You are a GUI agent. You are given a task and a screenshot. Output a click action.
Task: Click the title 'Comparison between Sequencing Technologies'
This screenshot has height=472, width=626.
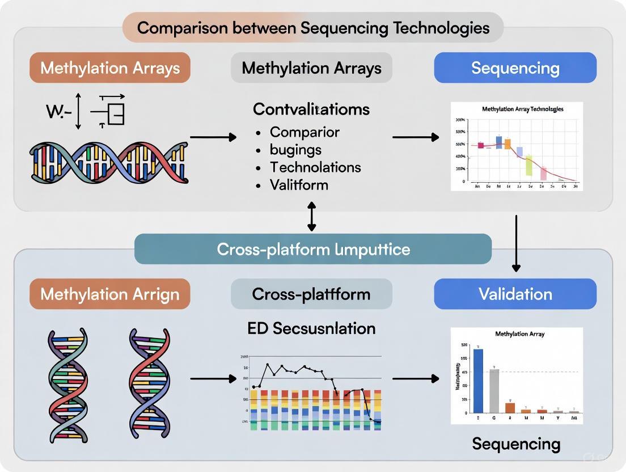[x=313, y=27]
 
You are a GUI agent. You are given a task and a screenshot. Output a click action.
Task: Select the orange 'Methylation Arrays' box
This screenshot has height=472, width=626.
[x=110, y=68]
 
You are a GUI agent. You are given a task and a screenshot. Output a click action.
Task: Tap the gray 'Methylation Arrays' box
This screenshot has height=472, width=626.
[x=311, y=68]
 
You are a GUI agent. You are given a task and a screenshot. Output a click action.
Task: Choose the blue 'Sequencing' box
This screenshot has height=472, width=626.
[x=515, y=68]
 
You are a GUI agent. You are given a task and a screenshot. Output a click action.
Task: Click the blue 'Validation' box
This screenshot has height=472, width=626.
[x=515, y=294]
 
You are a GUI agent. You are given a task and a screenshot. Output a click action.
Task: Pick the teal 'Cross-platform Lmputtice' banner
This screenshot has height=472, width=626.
[x=313, y=249]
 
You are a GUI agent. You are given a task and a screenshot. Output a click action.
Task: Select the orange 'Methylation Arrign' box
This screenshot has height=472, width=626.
[x=110, y=294]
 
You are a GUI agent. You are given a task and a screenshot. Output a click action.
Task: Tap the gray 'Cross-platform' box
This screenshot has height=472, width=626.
[x=311, y=294]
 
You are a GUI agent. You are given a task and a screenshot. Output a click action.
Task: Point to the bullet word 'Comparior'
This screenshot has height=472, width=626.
[x=304, y=132]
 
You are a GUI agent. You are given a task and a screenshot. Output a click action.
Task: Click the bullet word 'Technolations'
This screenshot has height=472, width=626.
[x=315, y=167]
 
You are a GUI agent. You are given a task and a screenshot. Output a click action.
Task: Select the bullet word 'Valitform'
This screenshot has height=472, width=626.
[x=299, y=185]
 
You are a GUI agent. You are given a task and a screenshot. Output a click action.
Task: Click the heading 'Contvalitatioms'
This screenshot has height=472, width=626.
[x=311, y=109]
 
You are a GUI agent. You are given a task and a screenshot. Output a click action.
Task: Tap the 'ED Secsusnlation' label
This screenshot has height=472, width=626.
[x=311, y=328]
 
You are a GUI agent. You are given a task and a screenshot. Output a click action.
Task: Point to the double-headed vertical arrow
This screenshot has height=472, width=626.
[x=311, y=218]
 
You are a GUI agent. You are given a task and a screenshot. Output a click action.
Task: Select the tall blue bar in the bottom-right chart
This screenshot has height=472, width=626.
[x=478, y=380]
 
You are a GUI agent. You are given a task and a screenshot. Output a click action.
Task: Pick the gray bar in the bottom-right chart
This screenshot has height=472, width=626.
[x=494, y=390]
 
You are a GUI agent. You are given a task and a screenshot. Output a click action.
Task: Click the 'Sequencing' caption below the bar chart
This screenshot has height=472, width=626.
[x=516, y=444]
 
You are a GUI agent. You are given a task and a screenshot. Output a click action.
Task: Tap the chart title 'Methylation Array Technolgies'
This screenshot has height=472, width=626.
[x=522, y=109]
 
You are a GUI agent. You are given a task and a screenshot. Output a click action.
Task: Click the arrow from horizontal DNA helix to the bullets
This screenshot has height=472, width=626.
[x=213, y=137]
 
